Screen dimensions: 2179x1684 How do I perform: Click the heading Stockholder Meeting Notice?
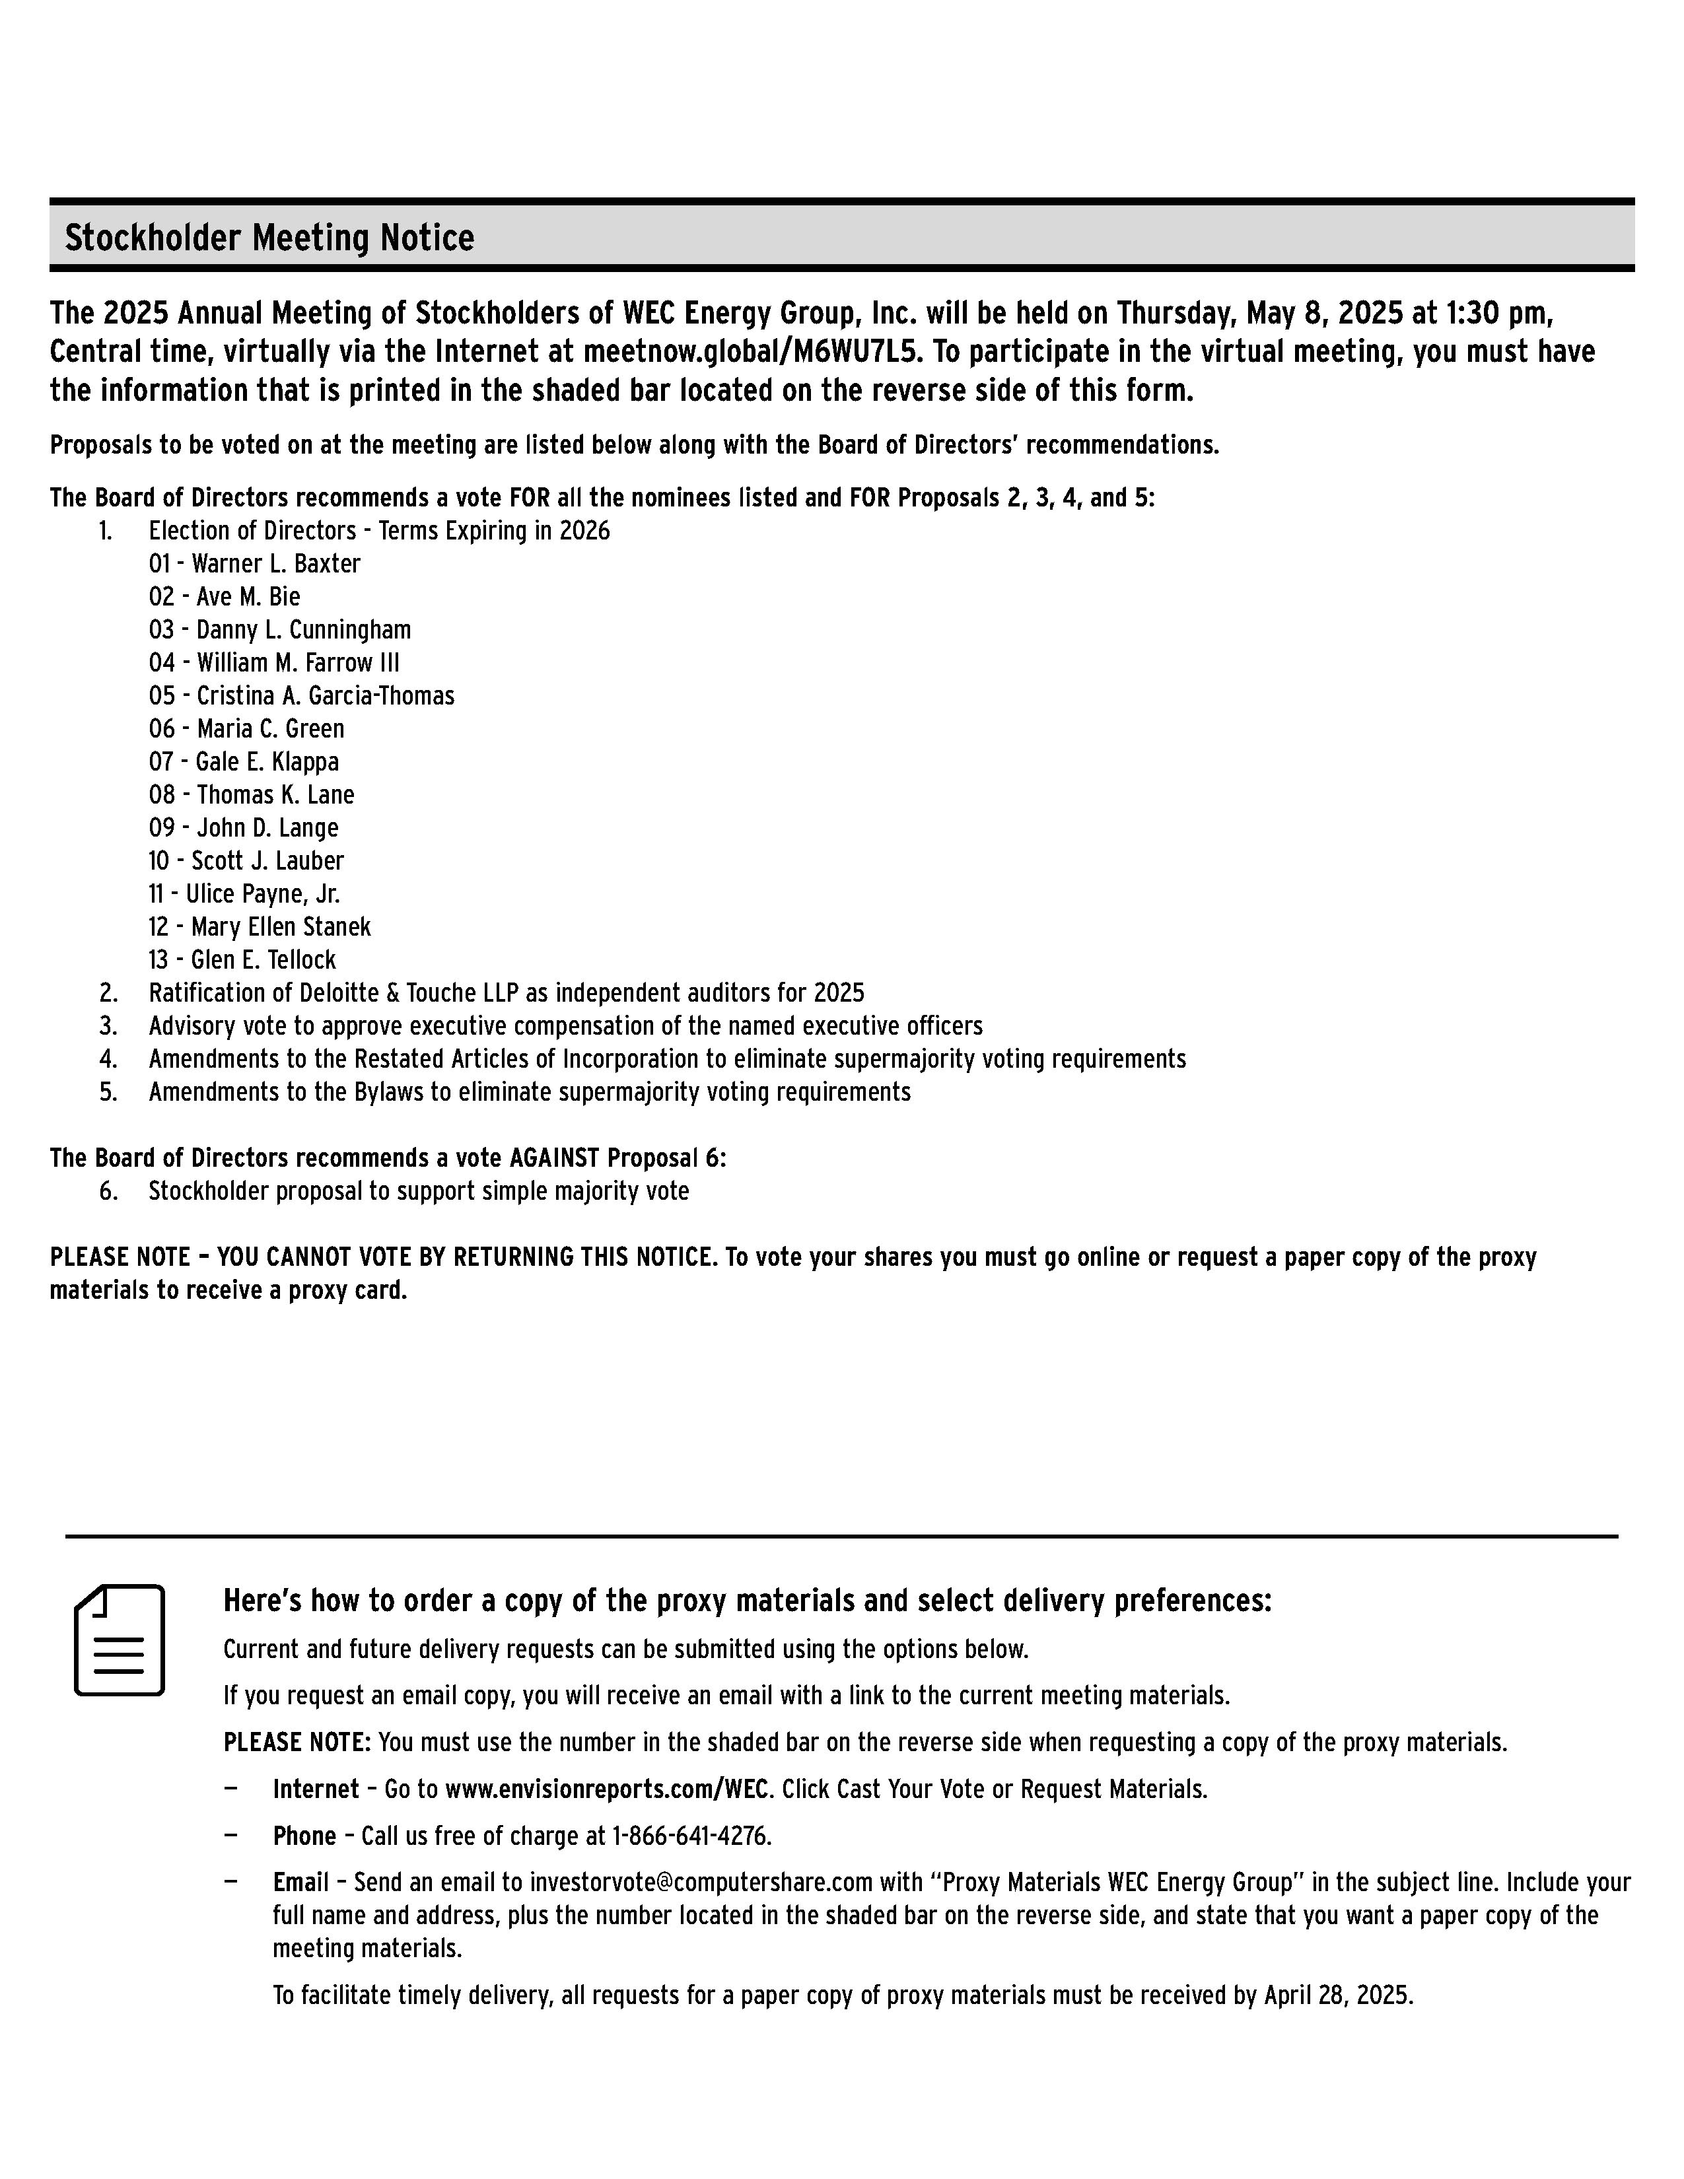click(x=269, y=238)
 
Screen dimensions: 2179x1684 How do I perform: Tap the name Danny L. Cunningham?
click(x=303, y=629)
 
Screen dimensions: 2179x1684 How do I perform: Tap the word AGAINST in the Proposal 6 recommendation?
click(x=553, y=1158)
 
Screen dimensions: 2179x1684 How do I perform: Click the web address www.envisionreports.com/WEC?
click(x=606, y=1789)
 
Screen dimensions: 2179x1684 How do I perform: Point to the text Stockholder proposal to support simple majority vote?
click(x=418, y=1191)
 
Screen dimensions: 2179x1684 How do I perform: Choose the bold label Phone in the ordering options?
click(x=304, y=1836)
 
